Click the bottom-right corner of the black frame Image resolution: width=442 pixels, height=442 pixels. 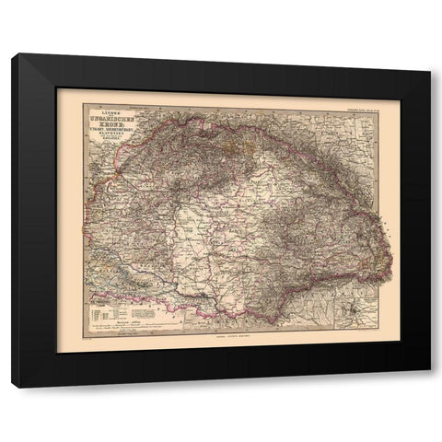pyautogui.click(x=430, y=387)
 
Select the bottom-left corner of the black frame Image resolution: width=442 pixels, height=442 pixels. pyautogui.click(x=11, y=387)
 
